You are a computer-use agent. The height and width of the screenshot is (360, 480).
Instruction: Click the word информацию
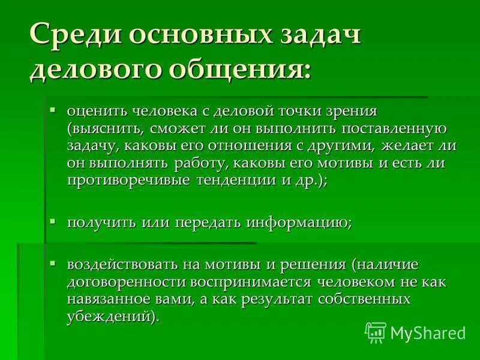[x=298, y=222]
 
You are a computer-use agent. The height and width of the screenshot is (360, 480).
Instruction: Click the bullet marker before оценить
[x=53, y=110]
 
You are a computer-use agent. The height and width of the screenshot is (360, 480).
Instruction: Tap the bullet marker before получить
[x=53, y=221]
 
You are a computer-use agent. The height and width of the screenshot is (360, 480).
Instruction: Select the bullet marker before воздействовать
[x=53, y=263]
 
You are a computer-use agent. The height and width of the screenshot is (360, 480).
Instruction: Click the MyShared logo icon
[x=376, y=332]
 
